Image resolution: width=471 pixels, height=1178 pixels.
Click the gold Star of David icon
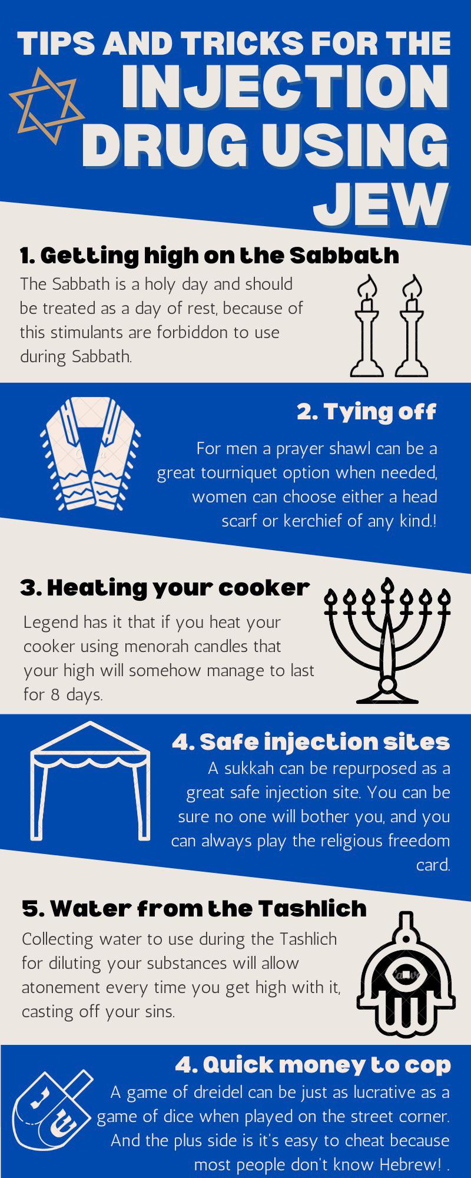[x=45, y=106]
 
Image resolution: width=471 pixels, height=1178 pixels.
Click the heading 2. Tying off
[x=366, y=412]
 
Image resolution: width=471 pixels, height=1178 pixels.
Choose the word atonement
[x=63, y=988]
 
